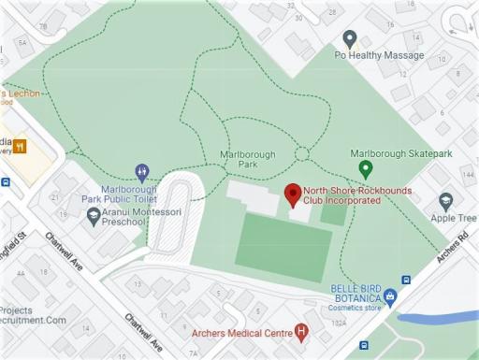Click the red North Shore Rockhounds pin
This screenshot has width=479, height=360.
292,194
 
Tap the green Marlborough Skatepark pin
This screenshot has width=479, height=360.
366,169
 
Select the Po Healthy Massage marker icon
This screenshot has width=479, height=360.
350,39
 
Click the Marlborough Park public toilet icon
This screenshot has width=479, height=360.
141,172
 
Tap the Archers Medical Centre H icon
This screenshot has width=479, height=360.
300,331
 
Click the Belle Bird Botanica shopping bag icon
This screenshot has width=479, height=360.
391,297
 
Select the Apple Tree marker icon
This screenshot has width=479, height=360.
445,201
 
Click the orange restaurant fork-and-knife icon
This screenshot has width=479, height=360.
20,146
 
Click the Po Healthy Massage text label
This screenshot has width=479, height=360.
379,56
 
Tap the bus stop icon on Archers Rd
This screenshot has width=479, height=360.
405,280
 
